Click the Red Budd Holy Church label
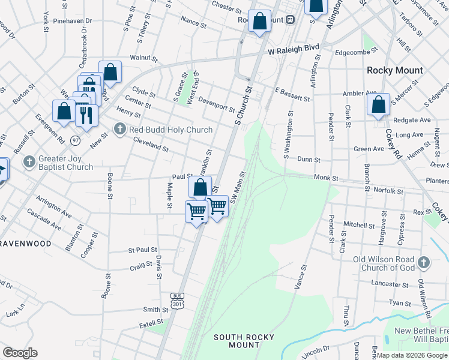coord(170,130)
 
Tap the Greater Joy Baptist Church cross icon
coord(28,162)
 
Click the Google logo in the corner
coord(20,352)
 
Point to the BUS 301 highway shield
coord(176,301)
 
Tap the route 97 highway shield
coord(75,140)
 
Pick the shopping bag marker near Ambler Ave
coord(379,105)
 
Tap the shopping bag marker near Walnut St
coord(110,73)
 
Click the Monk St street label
coord(326,179)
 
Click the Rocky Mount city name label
coord(395,70)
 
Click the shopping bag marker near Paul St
coord(200,187)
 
